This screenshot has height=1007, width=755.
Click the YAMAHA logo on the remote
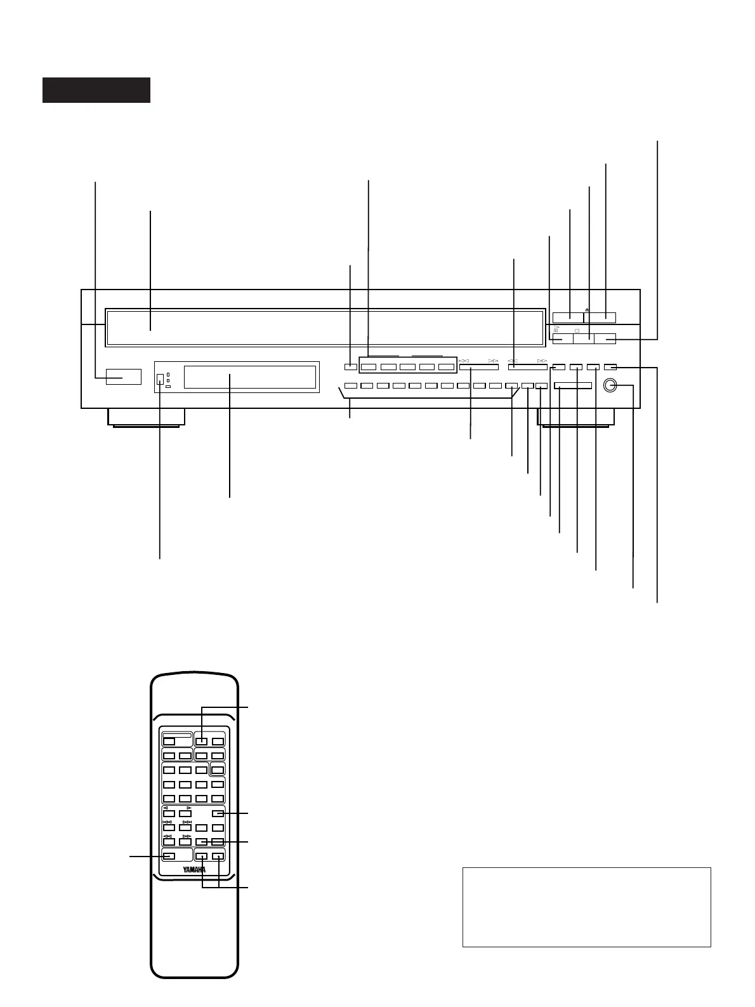(x=194, y=869)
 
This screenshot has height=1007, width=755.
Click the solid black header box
(x=96, y=90)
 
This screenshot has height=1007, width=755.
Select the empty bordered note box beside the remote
(x=586, y=907)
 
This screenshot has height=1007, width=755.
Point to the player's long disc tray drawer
(x=325, y=328)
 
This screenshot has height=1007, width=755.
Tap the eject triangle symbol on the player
(x=588, y=310)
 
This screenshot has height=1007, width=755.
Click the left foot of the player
(x=146, y=417)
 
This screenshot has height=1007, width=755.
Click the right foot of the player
(x=575, y=417)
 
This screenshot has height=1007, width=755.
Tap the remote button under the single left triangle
(x=169, y=813)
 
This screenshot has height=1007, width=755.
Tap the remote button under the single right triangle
(x=185, y=813)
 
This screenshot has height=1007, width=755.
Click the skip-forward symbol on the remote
(x=187, y=822)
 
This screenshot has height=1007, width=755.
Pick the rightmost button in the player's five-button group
(x=447, y=367)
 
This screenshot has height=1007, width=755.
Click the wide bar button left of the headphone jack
(x=573, y=385)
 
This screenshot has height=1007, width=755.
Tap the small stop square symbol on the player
(x=577, y=331)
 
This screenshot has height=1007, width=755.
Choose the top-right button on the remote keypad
(x=218, y=741)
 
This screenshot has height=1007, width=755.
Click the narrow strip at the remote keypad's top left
(x=177, y=733)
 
